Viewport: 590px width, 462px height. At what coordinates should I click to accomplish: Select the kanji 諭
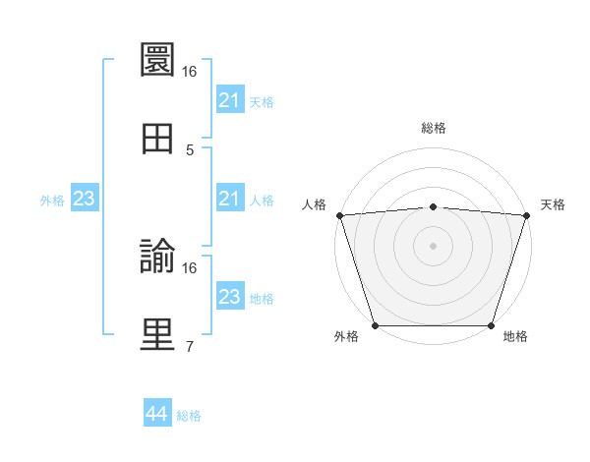(157, 257)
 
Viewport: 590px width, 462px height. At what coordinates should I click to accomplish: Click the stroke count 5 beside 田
(190, 149)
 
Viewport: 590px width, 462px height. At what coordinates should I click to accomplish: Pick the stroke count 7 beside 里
(190, 346)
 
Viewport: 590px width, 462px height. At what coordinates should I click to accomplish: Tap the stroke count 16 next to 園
(190, 71)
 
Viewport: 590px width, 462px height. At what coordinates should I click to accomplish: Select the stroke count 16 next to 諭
(190, 267)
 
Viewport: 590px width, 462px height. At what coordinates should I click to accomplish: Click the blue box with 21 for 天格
(229, 100)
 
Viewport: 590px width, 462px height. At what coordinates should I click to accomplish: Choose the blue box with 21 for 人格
(229, 199)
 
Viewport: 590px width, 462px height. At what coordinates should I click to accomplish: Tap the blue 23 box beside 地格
(229, 297)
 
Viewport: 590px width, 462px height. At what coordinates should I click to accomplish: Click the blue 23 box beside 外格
(85, 199)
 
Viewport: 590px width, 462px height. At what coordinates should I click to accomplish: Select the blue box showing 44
(156, 414)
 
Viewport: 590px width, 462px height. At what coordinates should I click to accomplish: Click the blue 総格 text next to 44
(189, 416)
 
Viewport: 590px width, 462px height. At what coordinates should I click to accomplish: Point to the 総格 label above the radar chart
(434, 128)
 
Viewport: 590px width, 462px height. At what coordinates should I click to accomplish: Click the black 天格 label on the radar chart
(553, 204)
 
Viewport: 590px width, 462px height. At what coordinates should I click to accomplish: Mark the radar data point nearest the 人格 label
(339, 215)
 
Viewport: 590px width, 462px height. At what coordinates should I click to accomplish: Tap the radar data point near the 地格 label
(492, 325)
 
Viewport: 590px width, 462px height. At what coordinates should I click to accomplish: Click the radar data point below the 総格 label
(434, 206)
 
